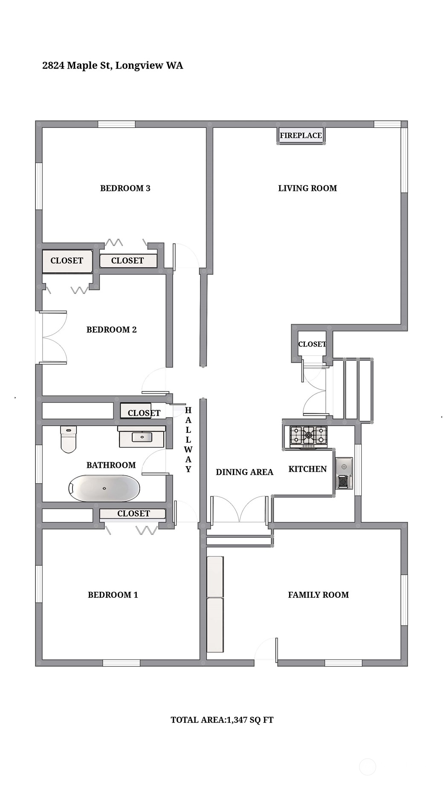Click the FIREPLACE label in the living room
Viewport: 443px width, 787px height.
pos(301,135)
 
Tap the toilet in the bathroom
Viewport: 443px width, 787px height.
pos(68,439)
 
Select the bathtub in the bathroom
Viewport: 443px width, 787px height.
pos(104,488)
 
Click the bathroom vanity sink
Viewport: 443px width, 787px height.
pos(142,437)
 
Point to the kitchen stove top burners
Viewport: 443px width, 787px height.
pos(308,435)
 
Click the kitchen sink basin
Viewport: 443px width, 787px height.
pos(344,467)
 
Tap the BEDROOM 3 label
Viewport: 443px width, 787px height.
pos(125,188)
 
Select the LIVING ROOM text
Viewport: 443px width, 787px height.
pos(307,188)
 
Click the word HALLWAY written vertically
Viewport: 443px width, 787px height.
pos(188,440)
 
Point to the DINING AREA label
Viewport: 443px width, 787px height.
pos(244,472)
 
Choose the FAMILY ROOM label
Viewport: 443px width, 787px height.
pos(318,595)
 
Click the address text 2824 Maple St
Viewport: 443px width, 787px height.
pos(77,66)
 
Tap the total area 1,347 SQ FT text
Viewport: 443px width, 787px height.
pos(222,720)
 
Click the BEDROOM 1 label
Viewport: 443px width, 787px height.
pos(113,595)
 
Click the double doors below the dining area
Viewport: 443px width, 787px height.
pos(240,509)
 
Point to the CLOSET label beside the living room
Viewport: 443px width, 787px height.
pos(312,344)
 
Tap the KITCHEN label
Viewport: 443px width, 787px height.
pos(307,469)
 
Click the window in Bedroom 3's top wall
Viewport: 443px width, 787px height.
pos(116,124)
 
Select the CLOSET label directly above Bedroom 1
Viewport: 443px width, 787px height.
pos(133,514)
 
